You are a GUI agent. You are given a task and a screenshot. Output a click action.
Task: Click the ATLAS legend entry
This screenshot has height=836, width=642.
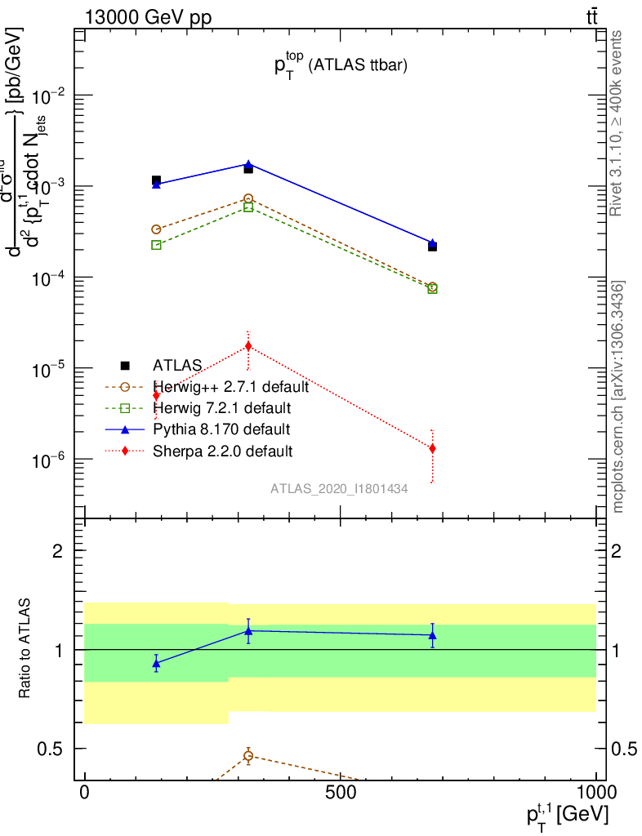(x=176, y=365)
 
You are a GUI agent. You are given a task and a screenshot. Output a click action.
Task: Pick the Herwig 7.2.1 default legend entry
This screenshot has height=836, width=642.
(x=221, y=407)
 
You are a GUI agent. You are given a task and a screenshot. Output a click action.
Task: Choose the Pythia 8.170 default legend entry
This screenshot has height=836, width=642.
(x=221, y=429)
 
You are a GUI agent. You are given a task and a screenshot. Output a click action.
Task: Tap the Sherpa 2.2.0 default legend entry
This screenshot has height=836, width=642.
(x=222, y=450)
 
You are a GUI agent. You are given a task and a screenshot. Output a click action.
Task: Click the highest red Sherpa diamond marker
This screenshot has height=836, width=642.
(x=248, y=346)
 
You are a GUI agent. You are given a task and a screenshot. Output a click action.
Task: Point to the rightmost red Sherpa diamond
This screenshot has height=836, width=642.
(x=432, y=448)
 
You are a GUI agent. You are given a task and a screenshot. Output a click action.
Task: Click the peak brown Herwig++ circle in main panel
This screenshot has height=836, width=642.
(x=248, y=198)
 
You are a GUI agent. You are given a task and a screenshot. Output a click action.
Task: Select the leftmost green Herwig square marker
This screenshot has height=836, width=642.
(x=156, y=245)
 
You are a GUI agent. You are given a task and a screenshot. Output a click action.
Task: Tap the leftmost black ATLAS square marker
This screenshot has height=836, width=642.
(x=156, y=180)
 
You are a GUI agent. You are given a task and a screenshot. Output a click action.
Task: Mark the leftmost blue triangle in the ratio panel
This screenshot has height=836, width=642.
(x=156, y=664)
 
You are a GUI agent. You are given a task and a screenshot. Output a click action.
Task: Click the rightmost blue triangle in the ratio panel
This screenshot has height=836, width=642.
(x=432, y=635)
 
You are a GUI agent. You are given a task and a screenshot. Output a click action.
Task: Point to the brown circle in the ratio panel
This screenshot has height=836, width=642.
(x=248, y=756)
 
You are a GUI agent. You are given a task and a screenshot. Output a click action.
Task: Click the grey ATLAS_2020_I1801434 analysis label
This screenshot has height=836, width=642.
(x=339, y=488)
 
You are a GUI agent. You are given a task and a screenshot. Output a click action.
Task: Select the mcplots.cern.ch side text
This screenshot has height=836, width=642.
(x=619, y=397)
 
